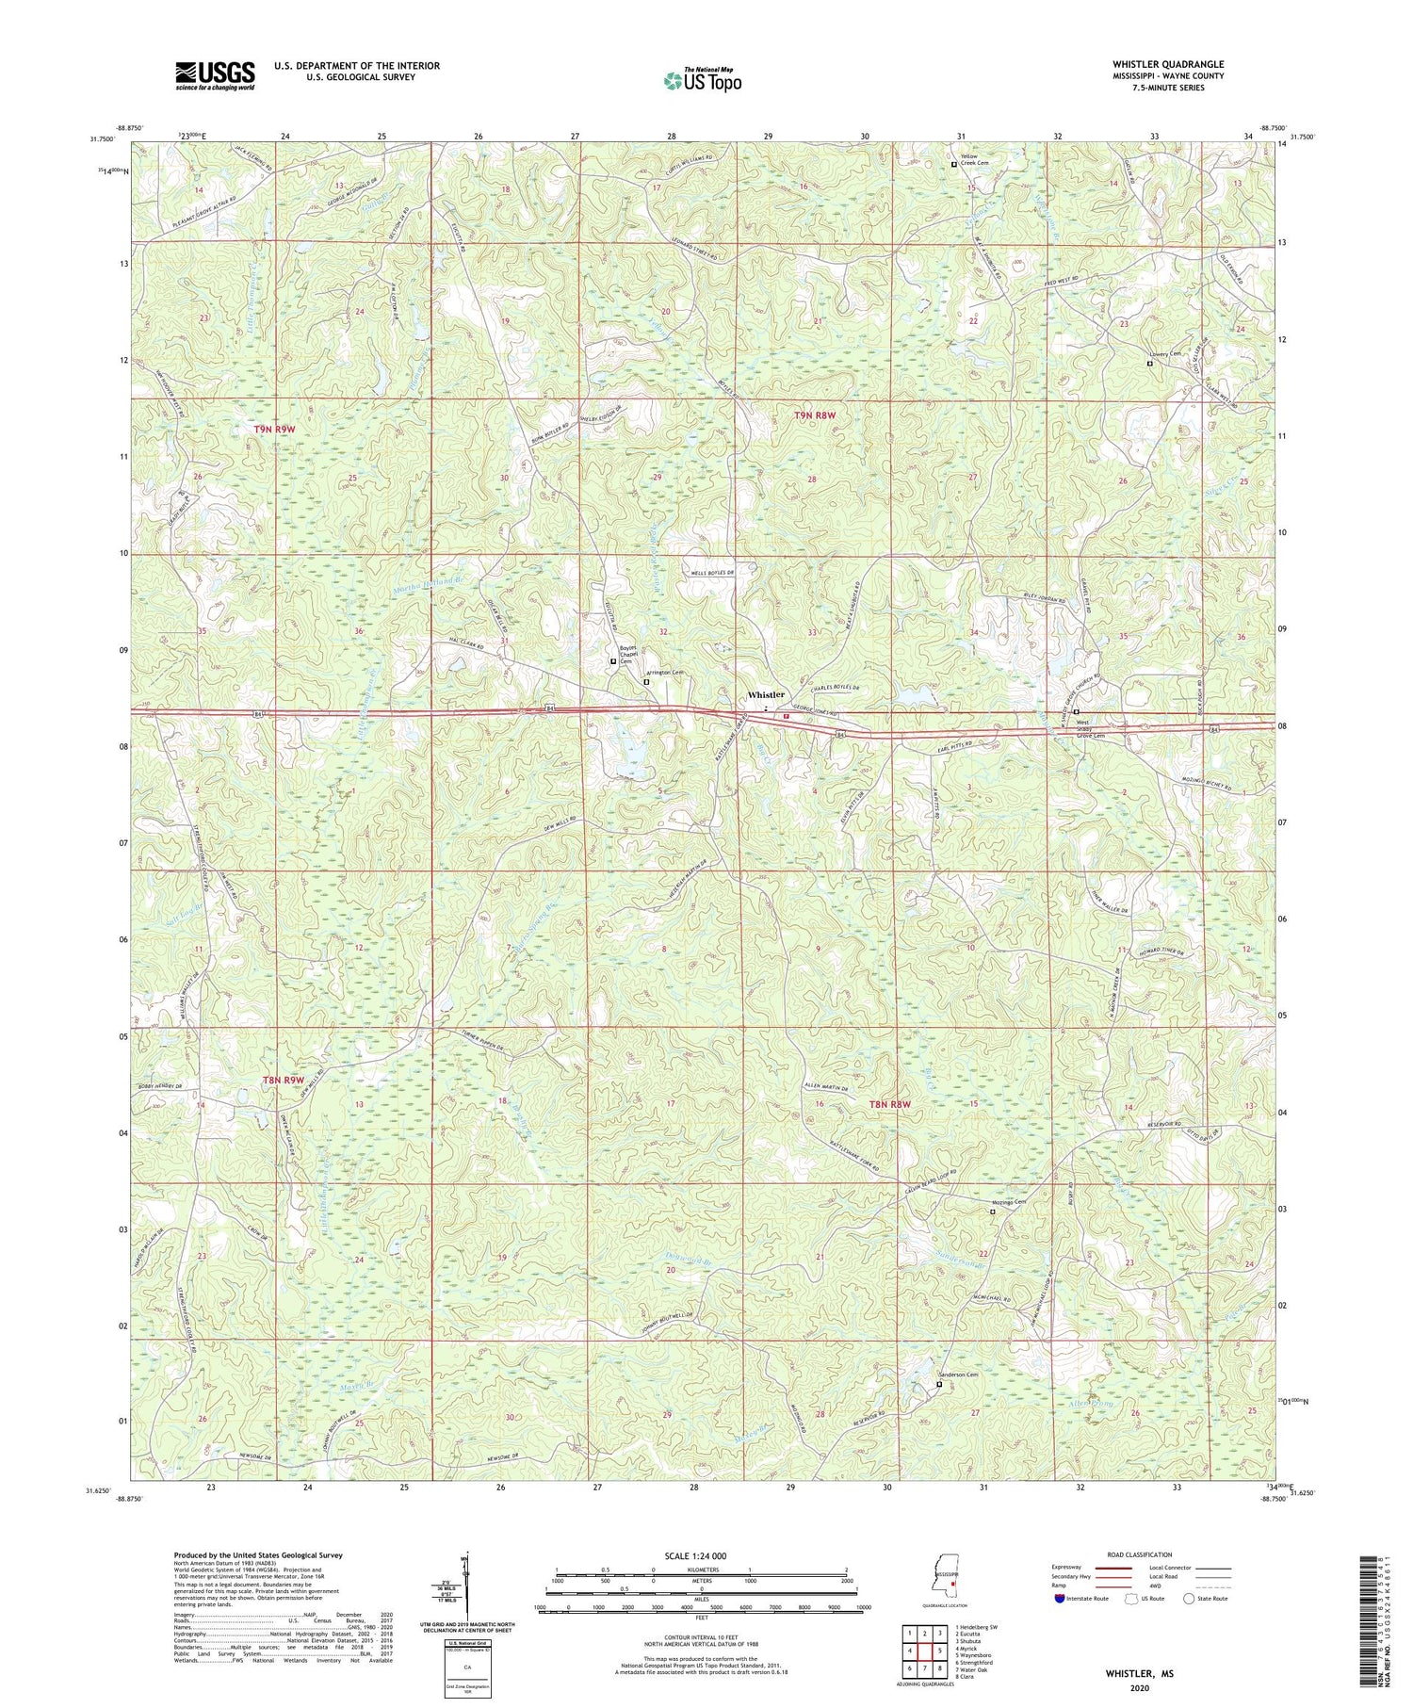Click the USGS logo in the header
(x=215, y=75)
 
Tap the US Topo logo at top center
(x=702, y=81)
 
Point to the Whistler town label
(x=766, y=694)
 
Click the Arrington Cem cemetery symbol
(x=646, y=682)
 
